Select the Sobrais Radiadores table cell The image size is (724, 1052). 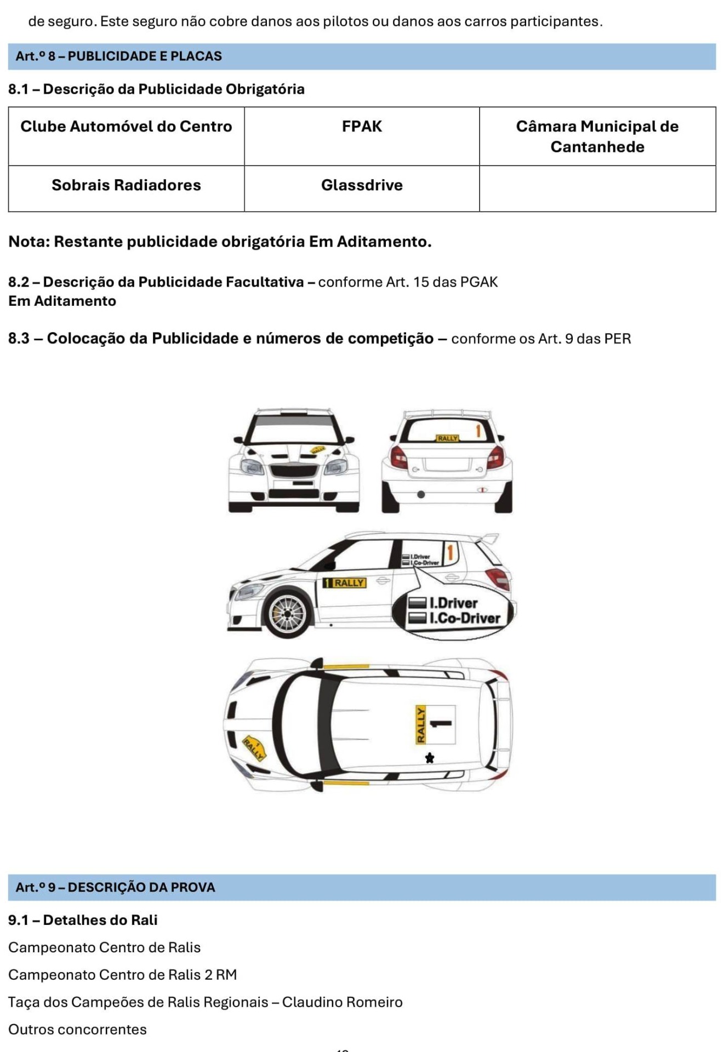coord(126,185)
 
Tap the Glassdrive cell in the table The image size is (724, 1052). coord(362,185)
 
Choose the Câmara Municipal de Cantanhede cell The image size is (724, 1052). coord(597,136)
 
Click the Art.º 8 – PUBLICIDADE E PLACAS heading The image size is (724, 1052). coord(119,56)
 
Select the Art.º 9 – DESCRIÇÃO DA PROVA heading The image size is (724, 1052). coord(115,887)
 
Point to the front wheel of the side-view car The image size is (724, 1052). coord(287,612)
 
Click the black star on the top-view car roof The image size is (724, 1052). coord(430,758)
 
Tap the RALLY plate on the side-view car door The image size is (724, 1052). coord(345,583)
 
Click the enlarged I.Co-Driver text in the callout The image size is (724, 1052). coord(464,619)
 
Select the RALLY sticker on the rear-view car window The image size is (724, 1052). coord(447,438)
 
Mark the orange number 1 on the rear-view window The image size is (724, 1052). coord(478,431)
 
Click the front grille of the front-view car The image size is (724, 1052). coord(294,472)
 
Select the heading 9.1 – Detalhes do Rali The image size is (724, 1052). coord(83,920)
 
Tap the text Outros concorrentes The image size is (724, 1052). coord(77,1030)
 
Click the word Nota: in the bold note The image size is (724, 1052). coord(29,242)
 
